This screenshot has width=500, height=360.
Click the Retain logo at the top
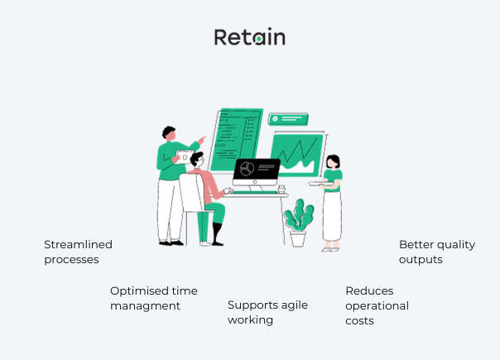[249, 37]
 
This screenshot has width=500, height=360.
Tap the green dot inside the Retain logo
[258, 38]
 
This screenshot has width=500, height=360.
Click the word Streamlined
[78, 244]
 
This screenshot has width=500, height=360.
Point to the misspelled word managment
[145, 305]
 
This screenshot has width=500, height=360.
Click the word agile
[292, 305]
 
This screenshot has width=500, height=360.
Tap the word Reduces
[369, 290]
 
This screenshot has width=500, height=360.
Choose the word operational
[377, 305]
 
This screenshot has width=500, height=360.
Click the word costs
[360, 320]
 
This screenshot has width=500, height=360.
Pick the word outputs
[421, 259]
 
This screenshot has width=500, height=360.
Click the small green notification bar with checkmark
[288, 119]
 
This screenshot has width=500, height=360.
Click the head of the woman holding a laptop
[332, 161]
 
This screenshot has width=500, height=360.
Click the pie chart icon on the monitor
[246, 169]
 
